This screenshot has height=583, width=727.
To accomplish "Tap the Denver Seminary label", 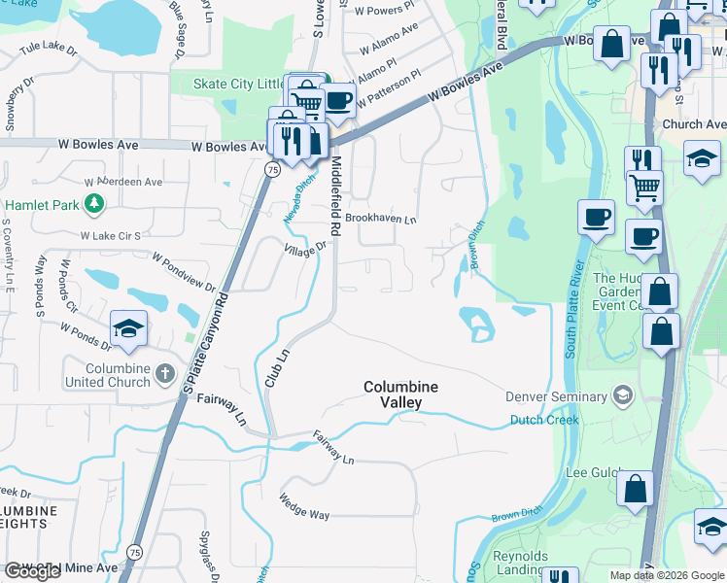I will (557, 395).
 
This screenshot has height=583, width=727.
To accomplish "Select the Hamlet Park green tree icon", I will (94, 203).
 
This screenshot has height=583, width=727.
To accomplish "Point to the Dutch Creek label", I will (544, 420).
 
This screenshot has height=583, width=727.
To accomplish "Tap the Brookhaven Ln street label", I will (381, 220).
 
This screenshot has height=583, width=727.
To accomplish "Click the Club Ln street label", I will (278, 368).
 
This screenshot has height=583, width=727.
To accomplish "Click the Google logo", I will (32, 572).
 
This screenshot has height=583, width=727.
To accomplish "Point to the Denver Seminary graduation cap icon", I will (621, 395).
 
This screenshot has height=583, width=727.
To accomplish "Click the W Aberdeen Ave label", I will (123, 182).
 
